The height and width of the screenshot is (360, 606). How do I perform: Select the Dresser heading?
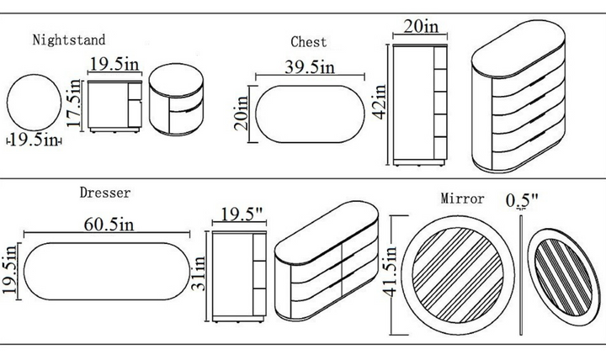point(105,193)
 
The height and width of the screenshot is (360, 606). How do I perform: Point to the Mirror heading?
point(463,199)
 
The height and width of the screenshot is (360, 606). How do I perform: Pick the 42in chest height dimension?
point(381,103)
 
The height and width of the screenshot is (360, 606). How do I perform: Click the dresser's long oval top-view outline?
point(108,270)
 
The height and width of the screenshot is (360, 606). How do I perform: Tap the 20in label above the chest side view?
point(421,26)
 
